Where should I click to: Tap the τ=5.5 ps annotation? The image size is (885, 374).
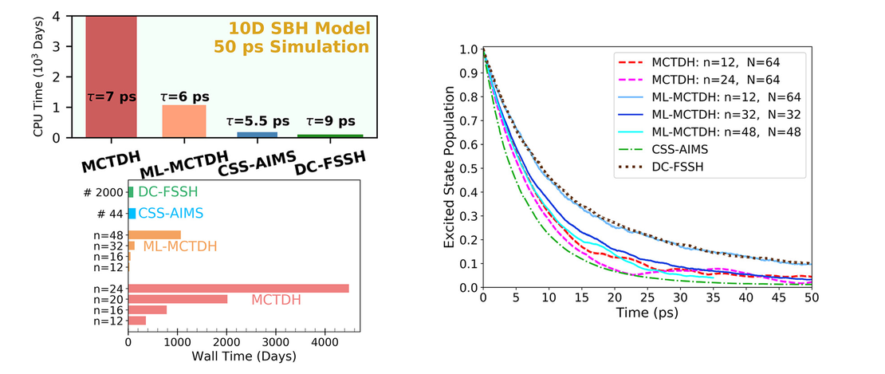click(x=247, y=122)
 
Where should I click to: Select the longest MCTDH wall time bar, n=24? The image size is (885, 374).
click(x=238, y=289)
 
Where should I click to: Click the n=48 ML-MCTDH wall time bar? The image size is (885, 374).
click(x=155, y=234)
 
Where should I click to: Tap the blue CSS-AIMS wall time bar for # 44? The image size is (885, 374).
click(x=132, y=214)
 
